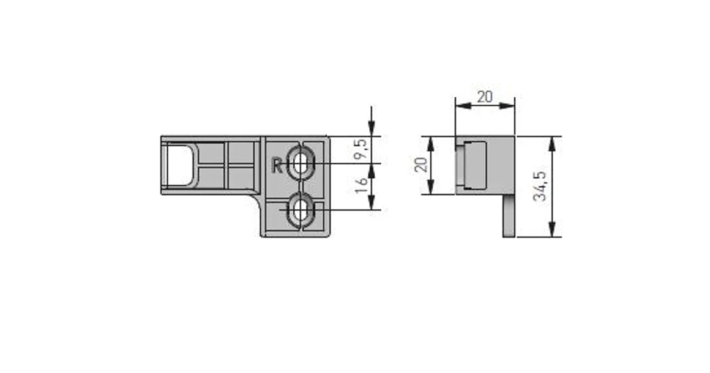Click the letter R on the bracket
click(x=277, y=165)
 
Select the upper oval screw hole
click(x=301, y=163)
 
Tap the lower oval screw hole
click(x=301, y=210)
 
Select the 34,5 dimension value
click(x=540, y=187)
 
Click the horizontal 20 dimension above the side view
click(x=485, y=97)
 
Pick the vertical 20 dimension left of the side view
click(x=421, y=164)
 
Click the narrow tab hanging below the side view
click(x=509, y=216)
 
